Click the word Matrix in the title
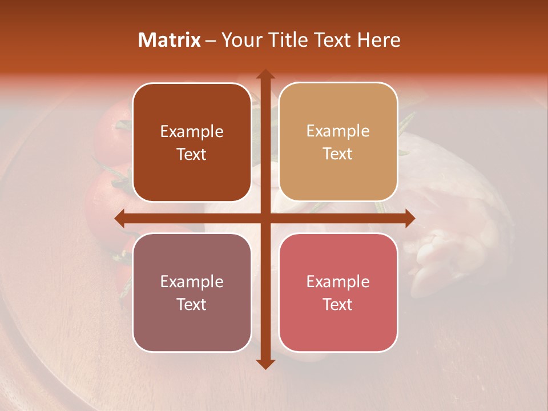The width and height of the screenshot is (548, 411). [x=170, y=40]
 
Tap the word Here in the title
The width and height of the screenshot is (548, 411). [x=378, y=40]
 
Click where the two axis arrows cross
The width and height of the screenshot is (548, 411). [x=265, y=218]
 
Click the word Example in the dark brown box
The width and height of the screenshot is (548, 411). [x=192, y=132]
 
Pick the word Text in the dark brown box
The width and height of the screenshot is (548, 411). [x=192, y=154]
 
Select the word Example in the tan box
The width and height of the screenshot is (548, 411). [x=338, y=131]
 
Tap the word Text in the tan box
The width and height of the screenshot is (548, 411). [x=338, y=154]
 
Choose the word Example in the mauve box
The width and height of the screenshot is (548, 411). [x=192, y=282]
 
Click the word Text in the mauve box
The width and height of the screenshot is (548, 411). [x=192, y=304]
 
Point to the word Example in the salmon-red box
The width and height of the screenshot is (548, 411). [x=338, y=282]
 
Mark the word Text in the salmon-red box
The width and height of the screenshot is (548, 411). [x=338, y=304]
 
